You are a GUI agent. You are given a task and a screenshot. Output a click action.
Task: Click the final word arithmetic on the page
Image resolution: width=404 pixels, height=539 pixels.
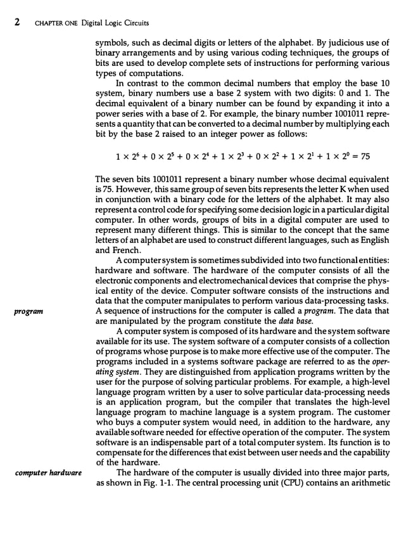click(369, 480)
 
